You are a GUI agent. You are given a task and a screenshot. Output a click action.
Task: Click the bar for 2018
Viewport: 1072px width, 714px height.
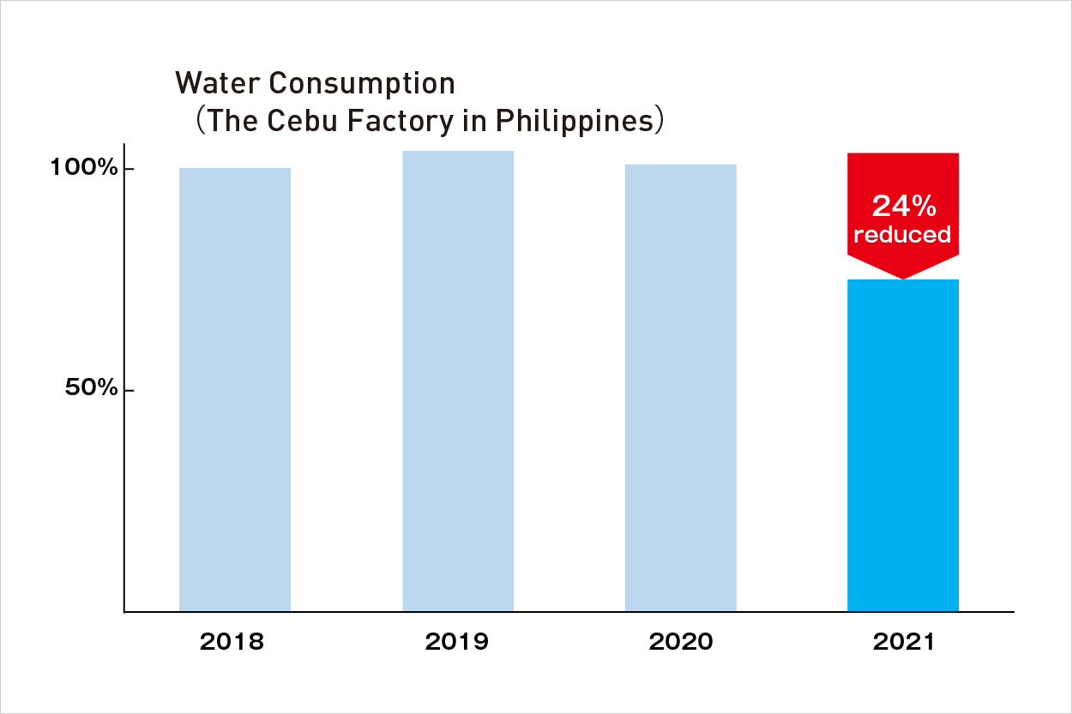pos(235,390)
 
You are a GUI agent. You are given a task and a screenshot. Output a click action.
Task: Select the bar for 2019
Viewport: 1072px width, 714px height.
pos(458,381)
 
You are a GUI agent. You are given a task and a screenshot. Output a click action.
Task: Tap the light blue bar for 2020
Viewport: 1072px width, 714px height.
pos(680,387)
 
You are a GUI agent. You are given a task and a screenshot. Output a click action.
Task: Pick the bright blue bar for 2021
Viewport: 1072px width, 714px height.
pos(902,446)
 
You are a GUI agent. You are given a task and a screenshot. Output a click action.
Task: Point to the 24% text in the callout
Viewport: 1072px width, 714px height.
pos(902,206)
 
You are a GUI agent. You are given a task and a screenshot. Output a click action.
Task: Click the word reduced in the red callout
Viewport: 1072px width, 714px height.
pos(902,235)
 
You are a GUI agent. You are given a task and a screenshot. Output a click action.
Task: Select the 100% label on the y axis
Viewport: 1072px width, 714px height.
pos(83,168)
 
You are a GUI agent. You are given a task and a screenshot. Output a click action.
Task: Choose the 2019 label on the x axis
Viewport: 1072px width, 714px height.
pos(457,642)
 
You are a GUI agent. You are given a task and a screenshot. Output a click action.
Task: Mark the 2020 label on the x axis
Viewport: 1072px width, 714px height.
pos(680,642)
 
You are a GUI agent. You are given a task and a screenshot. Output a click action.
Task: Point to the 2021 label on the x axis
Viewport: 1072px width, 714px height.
pos(904,642)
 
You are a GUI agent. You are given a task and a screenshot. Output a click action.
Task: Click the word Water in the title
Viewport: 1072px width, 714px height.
pos(216,83)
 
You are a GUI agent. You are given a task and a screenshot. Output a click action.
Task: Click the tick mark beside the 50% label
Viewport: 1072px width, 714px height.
pos(129,391)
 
